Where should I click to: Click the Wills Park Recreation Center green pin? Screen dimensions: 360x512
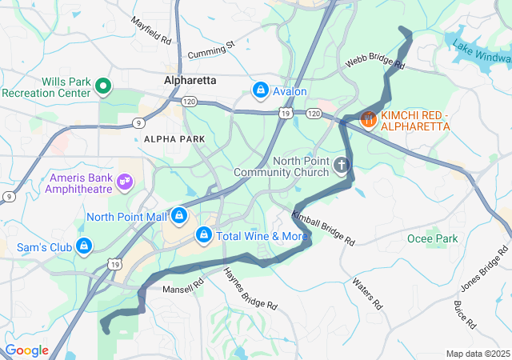pos(103,86)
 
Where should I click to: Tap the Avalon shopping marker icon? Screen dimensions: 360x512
pos(260,91)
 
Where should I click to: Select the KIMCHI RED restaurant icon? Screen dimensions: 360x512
pos(368,119)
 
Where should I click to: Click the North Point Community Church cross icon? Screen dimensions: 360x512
pos(342,166)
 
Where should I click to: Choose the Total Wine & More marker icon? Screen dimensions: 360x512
pos(204,235)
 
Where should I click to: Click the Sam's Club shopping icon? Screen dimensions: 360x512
pos(84,246)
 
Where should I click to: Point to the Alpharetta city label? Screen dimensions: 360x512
pos(190,81)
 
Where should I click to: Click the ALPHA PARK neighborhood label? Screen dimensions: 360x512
pos(174,139)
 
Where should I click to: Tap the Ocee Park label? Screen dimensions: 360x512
pos(431,238)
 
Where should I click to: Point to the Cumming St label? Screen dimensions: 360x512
pos(211,50)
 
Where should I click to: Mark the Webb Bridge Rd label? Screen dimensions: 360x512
pos(375,62)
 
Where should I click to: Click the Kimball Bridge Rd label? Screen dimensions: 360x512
pos(323,228)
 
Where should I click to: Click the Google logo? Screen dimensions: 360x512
pos(26,350)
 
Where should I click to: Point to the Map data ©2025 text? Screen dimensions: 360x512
pos(477,354)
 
